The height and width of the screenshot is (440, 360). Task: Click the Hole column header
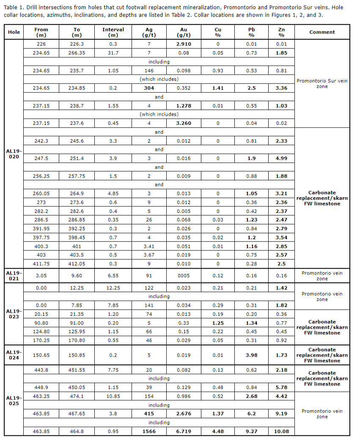coord(14,32)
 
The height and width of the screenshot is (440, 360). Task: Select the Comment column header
coord(322,32)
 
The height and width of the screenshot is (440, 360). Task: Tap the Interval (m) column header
coord(113,32)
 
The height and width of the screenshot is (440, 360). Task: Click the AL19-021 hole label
coord(14,276)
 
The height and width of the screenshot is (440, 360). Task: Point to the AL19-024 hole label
coord(14,355)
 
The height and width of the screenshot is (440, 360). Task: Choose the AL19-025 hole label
coord(14,401)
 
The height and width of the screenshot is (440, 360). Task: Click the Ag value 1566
coord(149,432)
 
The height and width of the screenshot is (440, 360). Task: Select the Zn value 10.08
coord(281,432)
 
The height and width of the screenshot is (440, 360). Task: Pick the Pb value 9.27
coord(252,432)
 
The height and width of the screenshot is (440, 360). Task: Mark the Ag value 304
coord(149,88)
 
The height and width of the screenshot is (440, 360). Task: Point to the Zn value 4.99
coord(281,158)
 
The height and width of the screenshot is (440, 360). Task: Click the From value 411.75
coord(41,264)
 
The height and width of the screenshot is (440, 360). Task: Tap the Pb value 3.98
coord(252,355)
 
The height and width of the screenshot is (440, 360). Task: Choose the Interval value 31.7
coord(113,53)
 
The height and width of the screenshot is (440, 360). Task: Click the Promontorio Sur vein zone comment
coord(322,83)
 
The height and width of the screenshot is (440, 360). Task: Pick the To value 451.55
coord(77,370)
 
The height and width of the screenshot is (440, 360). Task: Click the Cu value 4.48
coord(218,432)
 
